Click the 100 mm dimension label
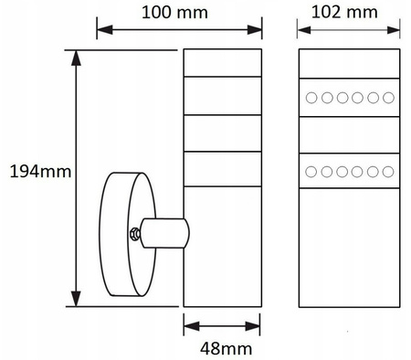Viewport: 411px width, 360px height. coord(174,13)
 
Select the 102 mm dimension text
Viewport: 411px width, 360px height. coord(344,12)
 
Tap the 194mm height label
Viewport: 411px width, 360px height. coord(40,172)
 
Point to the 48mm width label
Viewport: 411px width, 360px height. coord(227,348)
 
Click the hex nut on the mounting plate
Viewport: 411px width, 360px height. coord(134,234)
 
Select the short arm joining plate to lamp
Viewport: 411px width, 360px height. coord(164,233)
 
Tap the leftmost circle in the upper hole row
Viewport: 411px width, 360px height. coord(311,98)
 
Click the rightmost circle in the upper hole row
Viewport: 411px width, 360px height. coord(388,98)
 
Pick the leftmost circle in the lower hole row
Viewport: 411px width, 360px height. coord(311,172)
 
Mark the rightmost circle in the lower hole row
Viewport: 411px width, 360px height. coord(388,172)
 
